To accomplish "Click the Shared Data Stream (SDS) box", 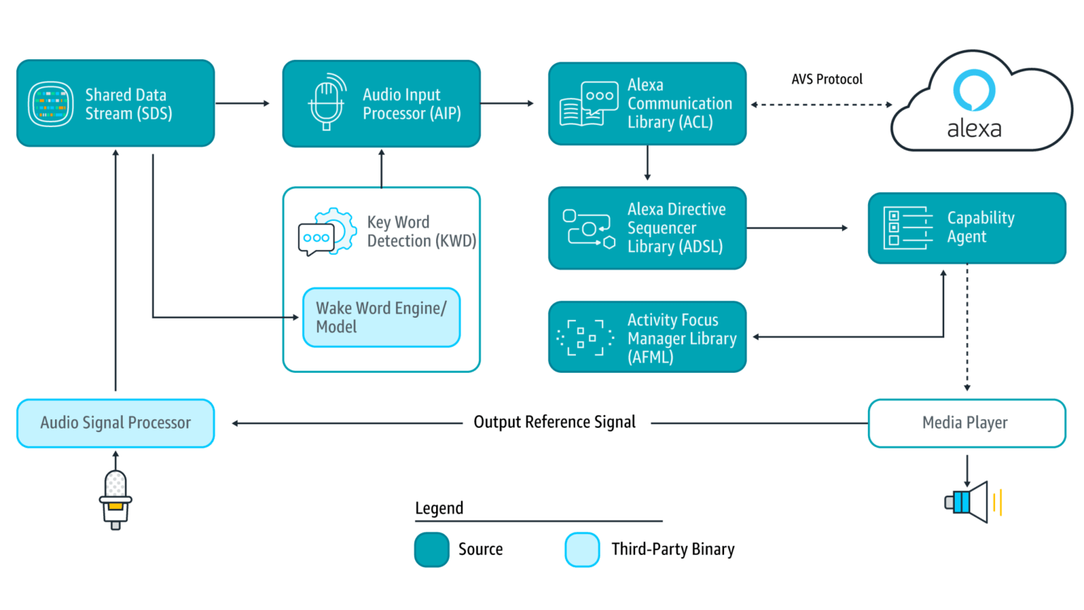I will pos(115,103).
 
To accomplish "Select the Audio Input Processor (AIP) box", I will pos(381,104).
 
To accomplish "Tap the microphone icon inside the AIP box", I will pos(327,103).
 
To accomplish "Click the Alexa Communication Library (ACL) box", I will pos(647,104).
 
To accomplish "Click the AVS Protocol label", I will pos(826,79).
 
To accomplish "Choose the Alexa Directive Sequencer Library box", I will pos(647,228).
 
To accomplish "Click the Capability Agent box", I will pos(967,228).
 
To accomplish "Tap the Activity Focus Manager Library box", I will pos(647,337).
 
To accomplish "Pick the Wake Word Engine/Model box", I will pos(381,318).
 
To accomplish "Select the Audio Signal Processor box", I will pos(115,423).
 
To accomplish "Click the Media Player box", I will pos(966,423).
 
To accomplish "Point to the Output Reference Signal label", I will pos(555,422).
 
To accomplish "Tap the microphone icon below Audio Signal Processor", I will pos(115,499).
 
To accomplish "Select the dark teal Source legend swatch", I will pos(431,549).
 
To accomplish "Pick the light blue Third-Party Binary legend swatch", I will pos(582,549).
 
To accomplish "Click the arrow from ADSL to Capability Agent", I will pos(797,228).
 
